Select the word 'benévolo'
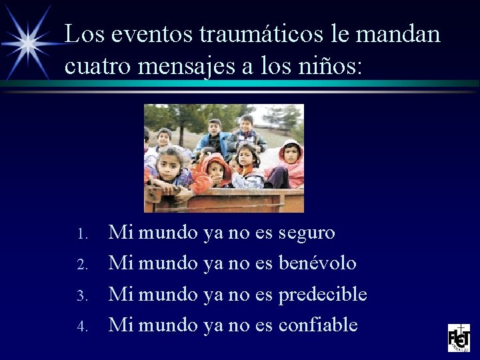pos(317,263)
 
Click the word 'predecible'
pos(323,294)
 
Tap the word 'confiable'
pos(318,325)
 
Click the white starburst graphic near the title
pos(28,42)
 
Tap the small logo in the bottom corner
pos(459,337)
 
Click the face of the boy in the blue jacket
pos(215,127)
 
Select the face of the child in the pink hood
pos(291,153)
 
